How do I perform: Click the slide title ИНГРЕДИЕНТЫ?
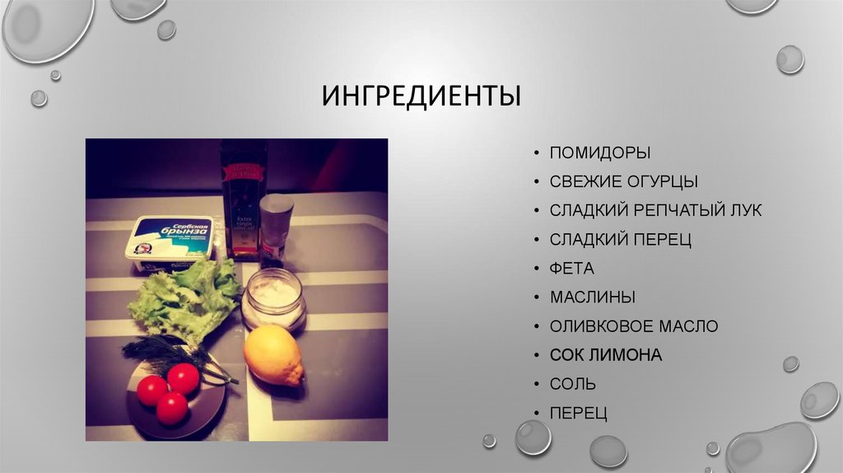(x=421, y=96)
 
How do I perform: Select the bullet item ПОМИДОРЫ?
(x=600, y=152)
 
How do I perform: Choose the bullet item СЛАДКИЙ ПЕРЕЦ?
(x=621, y=240)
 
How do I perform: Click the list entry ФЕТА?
(x=571, y=269)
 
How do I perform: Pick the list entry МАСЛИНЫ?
(x=593, y=297)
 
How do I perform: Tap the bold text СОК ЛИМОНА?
(x=606, y=355)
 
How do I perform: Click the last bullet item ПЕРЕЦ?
(x=579, y=413)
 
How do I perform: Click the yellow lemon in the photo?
(x=274, y=354)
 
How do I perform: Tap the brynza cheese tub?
(x=170, y=242)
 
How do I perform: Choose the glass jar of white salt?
(x=273, y=297)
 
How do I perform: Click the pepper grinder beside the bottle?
(x=276, y=228)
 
